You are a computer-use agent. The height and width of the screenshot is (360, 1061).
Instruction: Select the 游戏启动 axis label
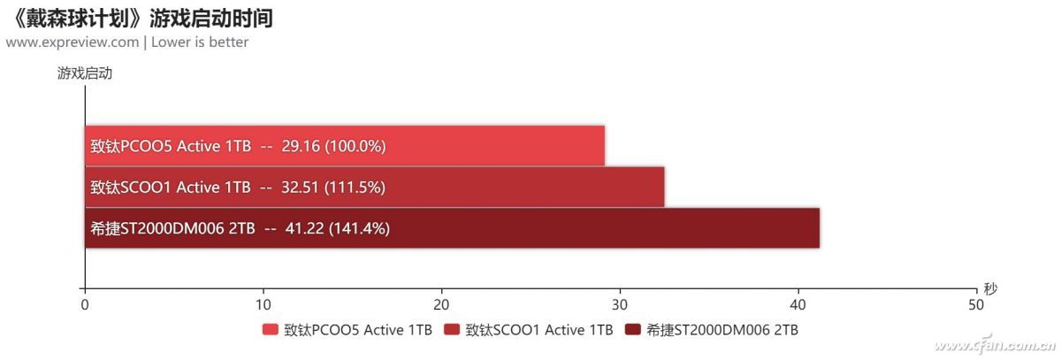(x=85, y=74)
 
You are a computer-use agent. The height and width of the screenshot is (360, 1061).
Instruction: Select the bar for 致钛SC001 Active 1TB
(x=530, y=187)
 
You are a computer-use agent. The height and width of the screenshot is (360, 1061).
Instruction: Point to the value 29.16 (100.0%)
(x=333, y=146)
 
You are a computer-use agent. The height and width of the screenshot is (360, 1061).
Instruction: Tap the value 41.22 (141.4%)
(x=338, y=228)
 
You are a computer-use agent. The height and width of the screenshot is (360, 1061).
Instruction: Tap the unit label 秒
(x=989, y=288)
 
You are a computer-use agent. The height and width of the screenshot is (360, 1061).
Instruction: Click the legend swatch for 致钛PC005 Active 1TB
(x=271, y=331)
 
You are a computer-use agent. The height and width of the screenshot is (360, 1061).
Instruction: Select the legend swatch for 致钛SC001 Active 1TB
(x=452, y=331)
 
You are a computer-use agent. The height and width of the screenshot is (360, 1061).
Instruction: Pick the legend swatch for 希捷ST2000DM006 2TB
(x=632, y=331)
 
